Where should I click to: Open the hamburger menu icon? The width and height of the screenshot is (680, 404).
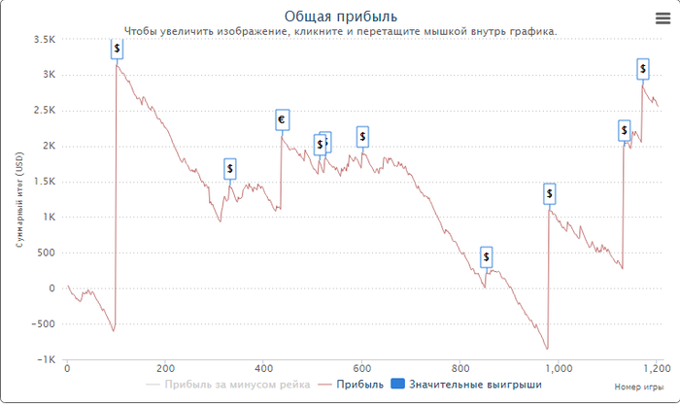[663, 17]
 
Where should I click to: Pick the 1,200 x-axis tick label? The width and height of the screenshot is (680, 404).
[657, 369]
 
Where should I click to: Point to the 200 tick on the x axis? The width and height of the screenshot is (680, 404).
[165, 369]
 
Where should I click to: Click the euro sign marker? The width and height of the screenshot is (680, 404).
[282, 120]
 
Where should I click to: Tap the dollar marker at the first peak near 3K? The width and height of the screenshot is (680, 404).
[117, 49]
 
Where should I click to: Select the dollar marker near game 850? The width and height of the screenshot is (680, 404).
[487, 257]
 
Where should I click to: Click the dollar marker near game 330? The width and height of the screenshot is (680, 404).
[230, 169]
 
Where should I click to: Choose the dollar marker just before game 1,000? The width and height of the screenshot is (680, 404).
[549, 194]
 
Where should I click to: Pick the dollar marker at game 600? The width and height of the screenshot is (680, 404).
[362, 136]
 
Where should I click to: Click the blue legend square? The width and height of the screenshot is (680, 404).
[396, 386]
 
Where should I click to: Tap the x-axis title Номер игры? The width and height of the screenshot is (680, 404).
[638, 387]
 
